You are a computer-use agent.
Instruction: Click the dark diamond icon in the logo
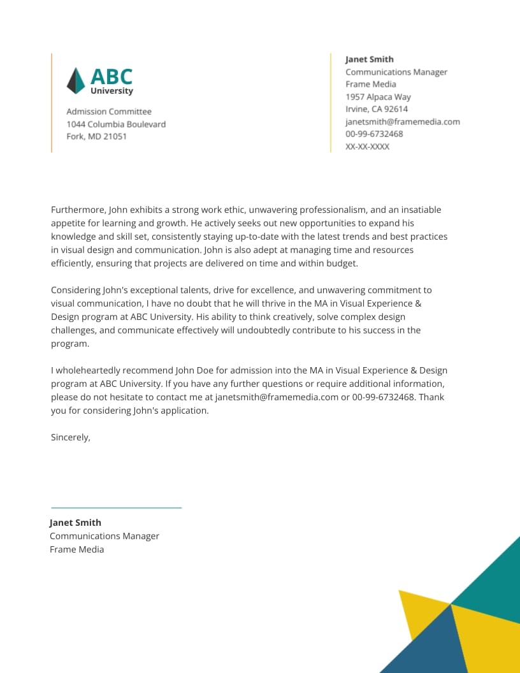(x=76, y=81)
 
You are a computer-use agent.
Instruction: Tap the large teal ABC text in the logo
(x=112, y=76)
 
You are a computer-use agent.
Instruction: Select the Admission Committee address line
(x=109, y=112)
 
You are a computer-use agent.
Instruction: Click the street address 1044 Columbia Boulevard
(x=116, y=124)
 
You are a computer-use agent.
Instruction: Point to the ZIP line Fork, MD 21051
(x=96, y=136)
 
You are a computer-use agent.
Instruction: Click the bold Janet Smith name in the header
(x=370, y=59)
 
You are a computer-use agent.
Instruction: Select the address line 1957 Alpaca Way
(x=378, y=97)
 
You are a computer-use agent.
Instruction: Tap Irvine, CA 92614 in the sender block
(x=377, y=109)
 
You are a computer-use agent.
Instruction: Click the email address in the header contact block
(x=402, y=122)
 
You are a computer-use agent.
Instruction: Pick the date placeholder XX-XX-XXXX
(x=367, y=147)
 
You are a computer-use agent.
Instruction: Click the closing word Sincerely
(x=70, y=437)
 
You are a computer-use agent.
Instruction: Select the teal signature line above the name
(x=116, y=508)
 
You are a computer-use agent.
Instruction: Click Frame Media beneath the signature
(x=76, y=549)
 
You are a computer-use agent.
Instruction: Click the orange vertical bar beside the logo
(x=52, y=103)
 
